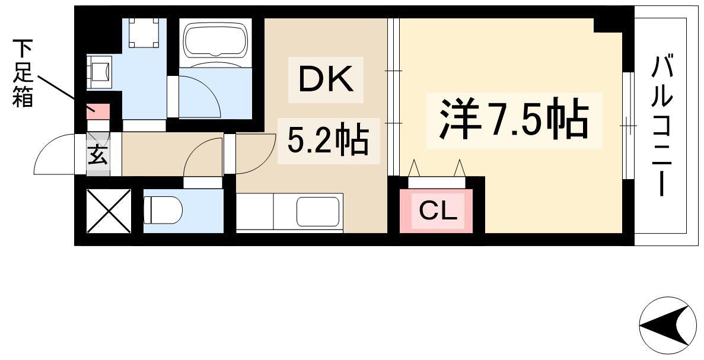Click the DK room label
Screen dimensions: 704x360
[326, 80]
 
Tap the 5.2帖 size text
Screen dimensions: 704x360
[327, 139]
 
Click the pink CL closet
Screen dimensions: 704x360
[436, 211]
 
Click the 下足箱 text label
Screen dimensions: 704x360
[23, 73]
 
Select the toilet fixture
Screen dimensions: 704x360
[163, 210]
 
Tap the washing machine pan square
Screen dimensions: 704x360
[144, 32]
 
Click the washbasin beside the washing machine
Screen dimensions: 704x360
[99, 71]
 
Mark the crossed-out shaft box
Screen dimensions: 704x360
[109, 211]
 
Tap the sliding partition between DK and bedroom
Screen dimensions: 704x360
[393, 97]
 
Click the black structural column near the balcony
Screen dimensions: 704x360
[613, 25]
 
